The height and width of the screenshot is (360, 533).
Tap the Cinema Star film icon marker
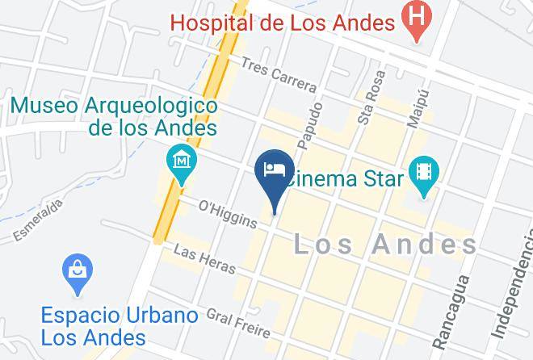423,172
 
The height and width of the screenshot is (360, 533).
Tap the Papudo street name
310,125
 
